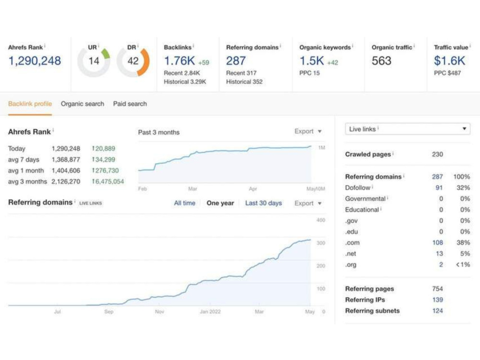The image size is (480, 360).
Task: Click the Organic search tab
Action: [83, 104]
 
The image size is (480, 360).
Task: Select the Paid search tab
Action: [130, 104]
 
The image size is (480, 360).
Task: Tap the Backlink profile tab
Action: [30, 104]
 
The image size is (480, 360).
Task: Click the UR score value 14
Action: [94, 61]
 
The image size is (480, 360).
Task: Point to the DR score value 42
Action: [133, 61]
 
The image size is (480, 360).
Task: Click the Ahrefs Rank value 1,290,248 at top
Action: [35, 60]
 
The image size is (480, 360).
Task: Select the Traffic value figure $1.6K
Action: [449, 60]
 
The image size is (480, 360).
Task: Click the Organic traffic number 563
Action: [382, 60]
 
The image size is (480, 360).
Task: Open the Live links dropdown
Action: [408, 129]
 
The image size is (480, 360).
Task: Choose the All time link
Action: [185, 203]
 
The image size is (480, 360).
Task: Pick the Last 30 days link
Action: [264, 203]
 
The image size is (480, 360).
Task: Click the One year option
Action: [220, 203]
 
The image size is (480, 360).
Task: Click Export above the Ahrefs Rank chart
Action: [308, 132]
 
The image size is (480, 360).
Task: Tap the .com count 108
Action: [437, 243]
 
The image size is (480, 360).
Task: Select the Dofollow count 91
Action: [439, 188]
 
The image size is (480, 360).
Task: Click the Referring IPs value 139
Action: [437, 300]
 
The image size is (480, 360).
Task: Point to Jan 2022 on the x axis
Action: [210, 312]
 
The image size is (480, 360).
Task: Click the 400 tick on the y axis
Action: [321, 220]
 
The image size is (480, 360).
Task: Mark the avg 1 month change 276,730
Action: [105, 170]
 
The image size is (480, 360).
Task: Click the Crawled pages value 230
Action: [437, 154]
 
